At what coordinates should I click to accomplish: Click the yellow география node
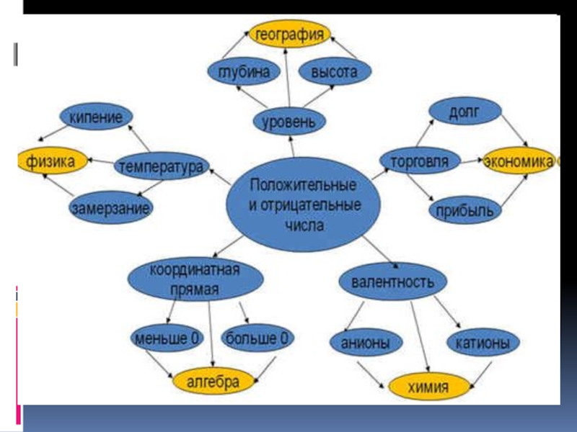tap(288, 34)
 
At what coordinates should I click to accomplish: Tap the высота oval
tap(334, 72)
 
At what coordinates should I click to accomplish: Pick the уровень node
tap(288, 120)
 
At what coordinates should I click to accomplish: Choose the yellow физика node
tap(51, 161)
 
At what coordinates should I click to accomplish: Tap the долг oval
tap(464, 112)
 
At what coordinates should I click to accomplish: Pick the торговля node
tap(418, 161)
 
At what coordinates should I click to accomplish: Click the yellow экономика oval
tap(518, 161)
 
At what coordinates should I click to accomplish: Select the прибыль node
tap(464, 210)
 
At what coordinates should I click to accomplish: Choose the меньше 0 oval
tap(167, 337)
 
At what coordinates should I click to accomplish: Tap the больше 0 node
tap(257, 337)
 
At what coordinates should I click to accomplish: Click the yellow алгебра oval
tap(213, 382)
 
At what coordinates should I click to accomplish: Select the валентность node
tap(392, 282)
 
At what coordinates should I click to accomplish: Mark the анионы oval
tap(366, 343)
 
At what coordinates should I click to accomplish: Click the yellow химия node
tap(428, 387)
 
